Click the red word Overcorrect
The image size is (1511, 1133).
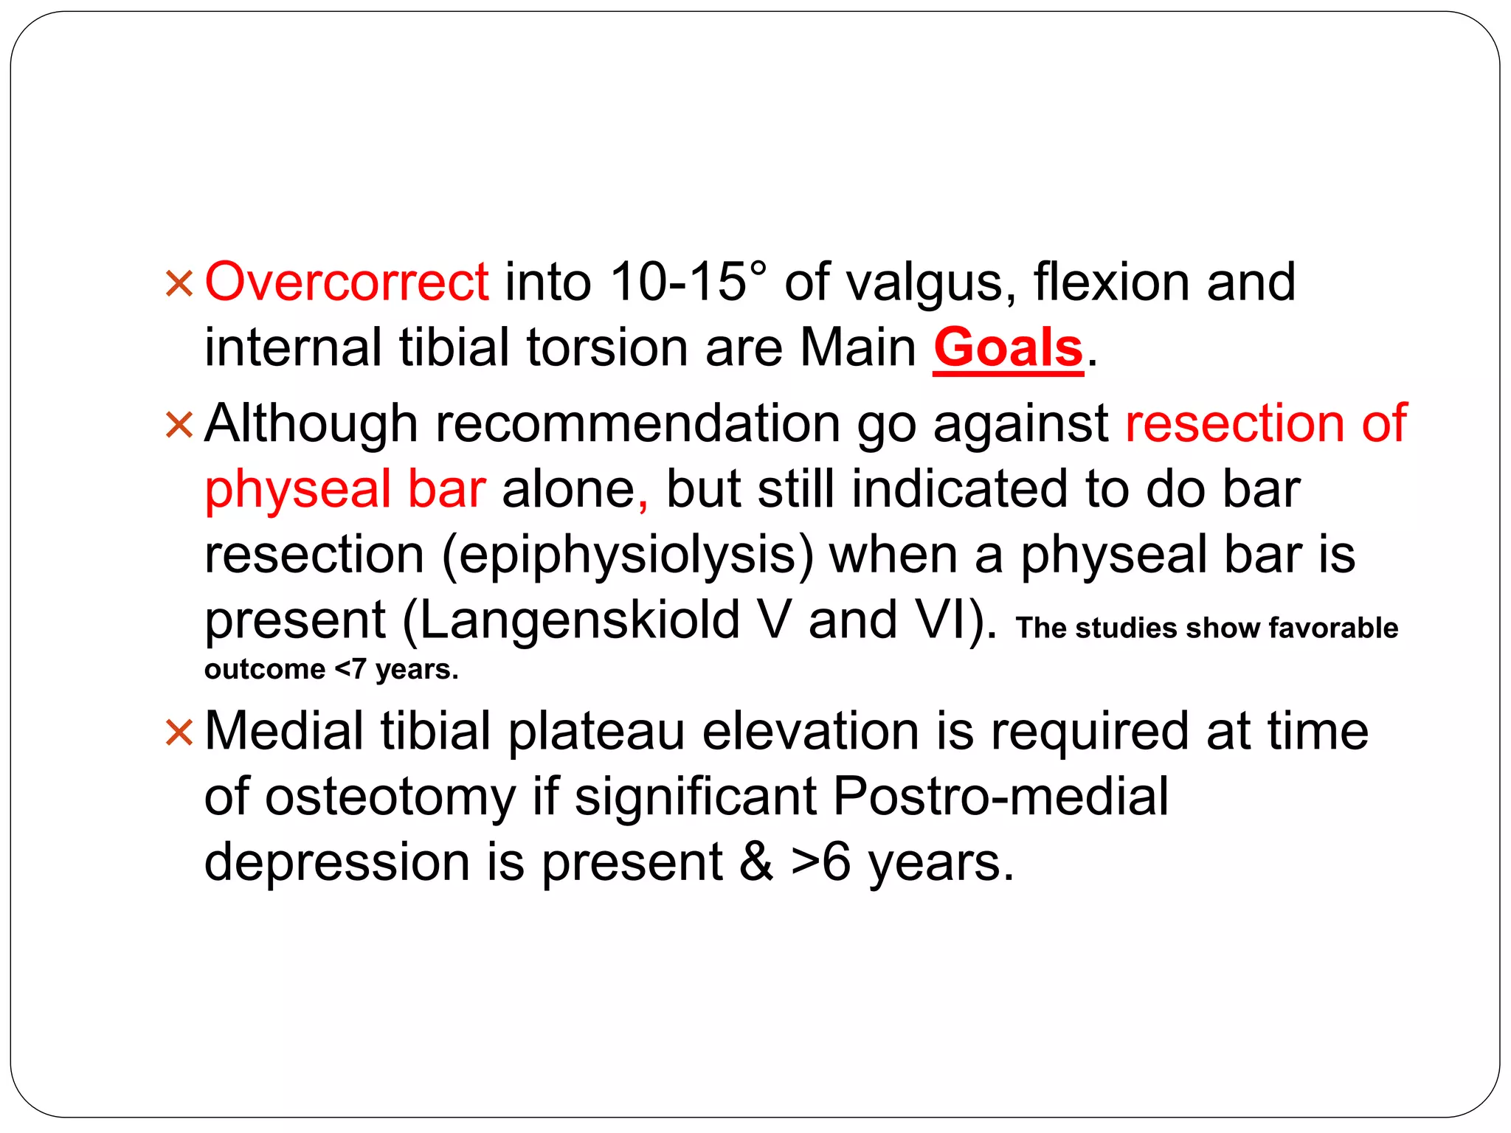click(346, 282)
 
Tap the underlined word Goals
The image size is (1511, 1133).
click(1008, 348)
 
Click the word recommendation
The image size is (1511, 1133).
click(637, 424)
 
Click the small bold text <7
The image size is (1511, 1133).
click(350, 669)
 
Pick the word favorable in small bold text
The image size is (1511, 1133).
click(1333, 628)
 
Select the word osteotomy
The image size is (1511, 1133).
click(391, 797)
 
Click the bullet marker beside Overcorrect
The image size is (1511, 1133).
click(179, 283)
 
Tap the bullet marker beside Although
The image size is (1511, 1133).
click(179, 425)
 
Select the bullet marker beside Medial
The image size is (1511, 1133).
click(179, 732)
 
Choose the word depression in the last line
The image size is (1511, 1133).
click(336, 863)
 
